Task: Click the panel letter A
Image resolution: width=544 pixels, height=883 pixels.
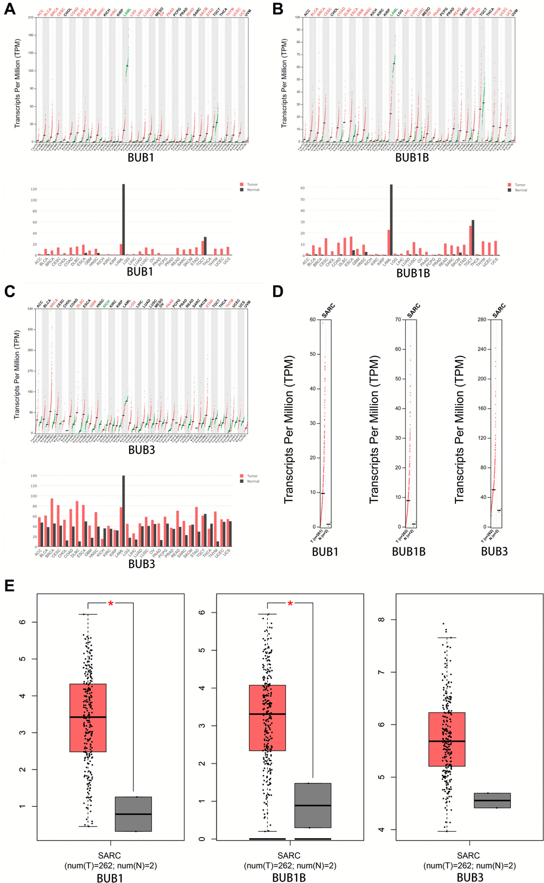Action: [x=9, y=9]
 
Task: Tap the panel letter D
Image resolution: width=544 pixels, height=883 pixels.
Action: [x=278, y=292]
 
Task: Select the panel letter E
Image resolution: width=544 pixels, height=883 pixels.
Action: [x=9, y=585]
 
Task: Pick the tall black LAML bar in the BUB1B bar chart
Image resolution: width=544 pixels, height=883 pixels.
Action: [x=391, y=220]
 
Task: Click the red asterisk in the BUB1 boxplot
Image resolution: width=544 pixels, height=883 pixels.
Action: [x=110, y=603]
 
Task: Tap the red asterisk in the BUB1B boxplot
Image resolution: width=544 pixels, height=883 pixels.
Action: [x=290, y=603]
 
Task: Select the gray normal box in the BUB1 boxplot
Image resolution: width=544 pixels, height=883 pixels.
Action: [x=133, y=814]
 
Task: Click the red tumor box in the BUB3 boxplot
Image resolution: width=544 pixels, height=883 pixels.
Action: [x=447, y=739]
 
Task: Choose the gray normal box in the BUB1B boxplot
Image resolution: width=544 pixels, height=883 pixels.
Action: [x=313, y=805]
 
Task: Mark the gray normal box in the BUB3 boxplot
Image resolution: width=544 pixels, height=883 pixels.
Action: [x=492, y=800]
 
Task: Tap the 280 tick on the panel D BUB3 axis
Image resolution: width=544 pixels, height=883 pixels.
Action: [x=482, y=320]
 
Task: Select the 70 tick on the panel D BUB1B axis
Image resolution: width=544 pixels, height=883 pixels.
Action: [x=397, y=320]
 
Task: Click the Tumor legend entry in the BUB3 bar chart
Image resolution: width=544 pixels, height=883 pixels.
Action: [x=252, y=476]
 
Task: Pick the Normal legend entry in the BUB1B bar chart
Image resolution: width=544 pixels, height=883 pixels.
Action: [x=521, y=190]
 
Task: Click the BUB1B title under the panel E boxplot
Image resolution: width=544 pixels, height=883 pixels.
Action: [x=289, y=878]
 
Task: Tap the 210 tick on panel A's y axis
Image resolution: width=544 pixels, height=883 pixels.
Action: [x=31, y=18]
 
